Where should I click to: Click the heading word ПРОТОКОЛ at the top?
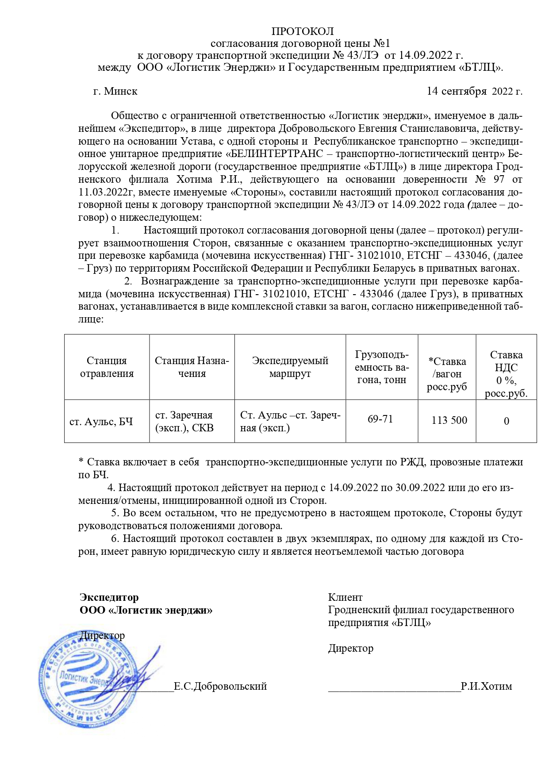(x=303, y=31)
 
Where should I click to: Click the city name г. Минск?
(x=115, y=91)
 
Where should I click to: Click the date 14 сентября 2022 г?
(x=474, y=91)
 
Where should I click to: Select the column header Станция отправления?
(x=107, y=367)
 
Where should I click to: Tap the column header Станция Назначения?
(x=192, y=367)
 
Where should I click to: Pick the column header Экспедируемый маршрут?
(x=290, y=367)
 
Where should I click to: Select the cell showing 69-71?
(x=380, y=419)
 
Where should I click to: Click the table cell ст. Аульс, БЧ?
(x=101, y=422)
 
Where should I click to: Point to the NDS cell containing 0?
(x=507, y=421)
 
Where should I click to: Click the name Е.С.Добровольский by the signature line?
(x=220, y=686)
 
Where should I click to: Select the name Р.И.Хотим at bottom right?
(x=486, y=686)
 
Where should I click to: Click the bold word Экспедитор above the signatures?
(x=109, y=597)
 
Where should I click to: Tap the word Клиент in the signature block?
(x=345, y=597)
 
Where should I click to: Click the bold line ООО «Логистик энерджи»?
(x=146, y=610)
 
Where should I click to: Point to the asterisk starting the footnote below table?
(x=81, y=461)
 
